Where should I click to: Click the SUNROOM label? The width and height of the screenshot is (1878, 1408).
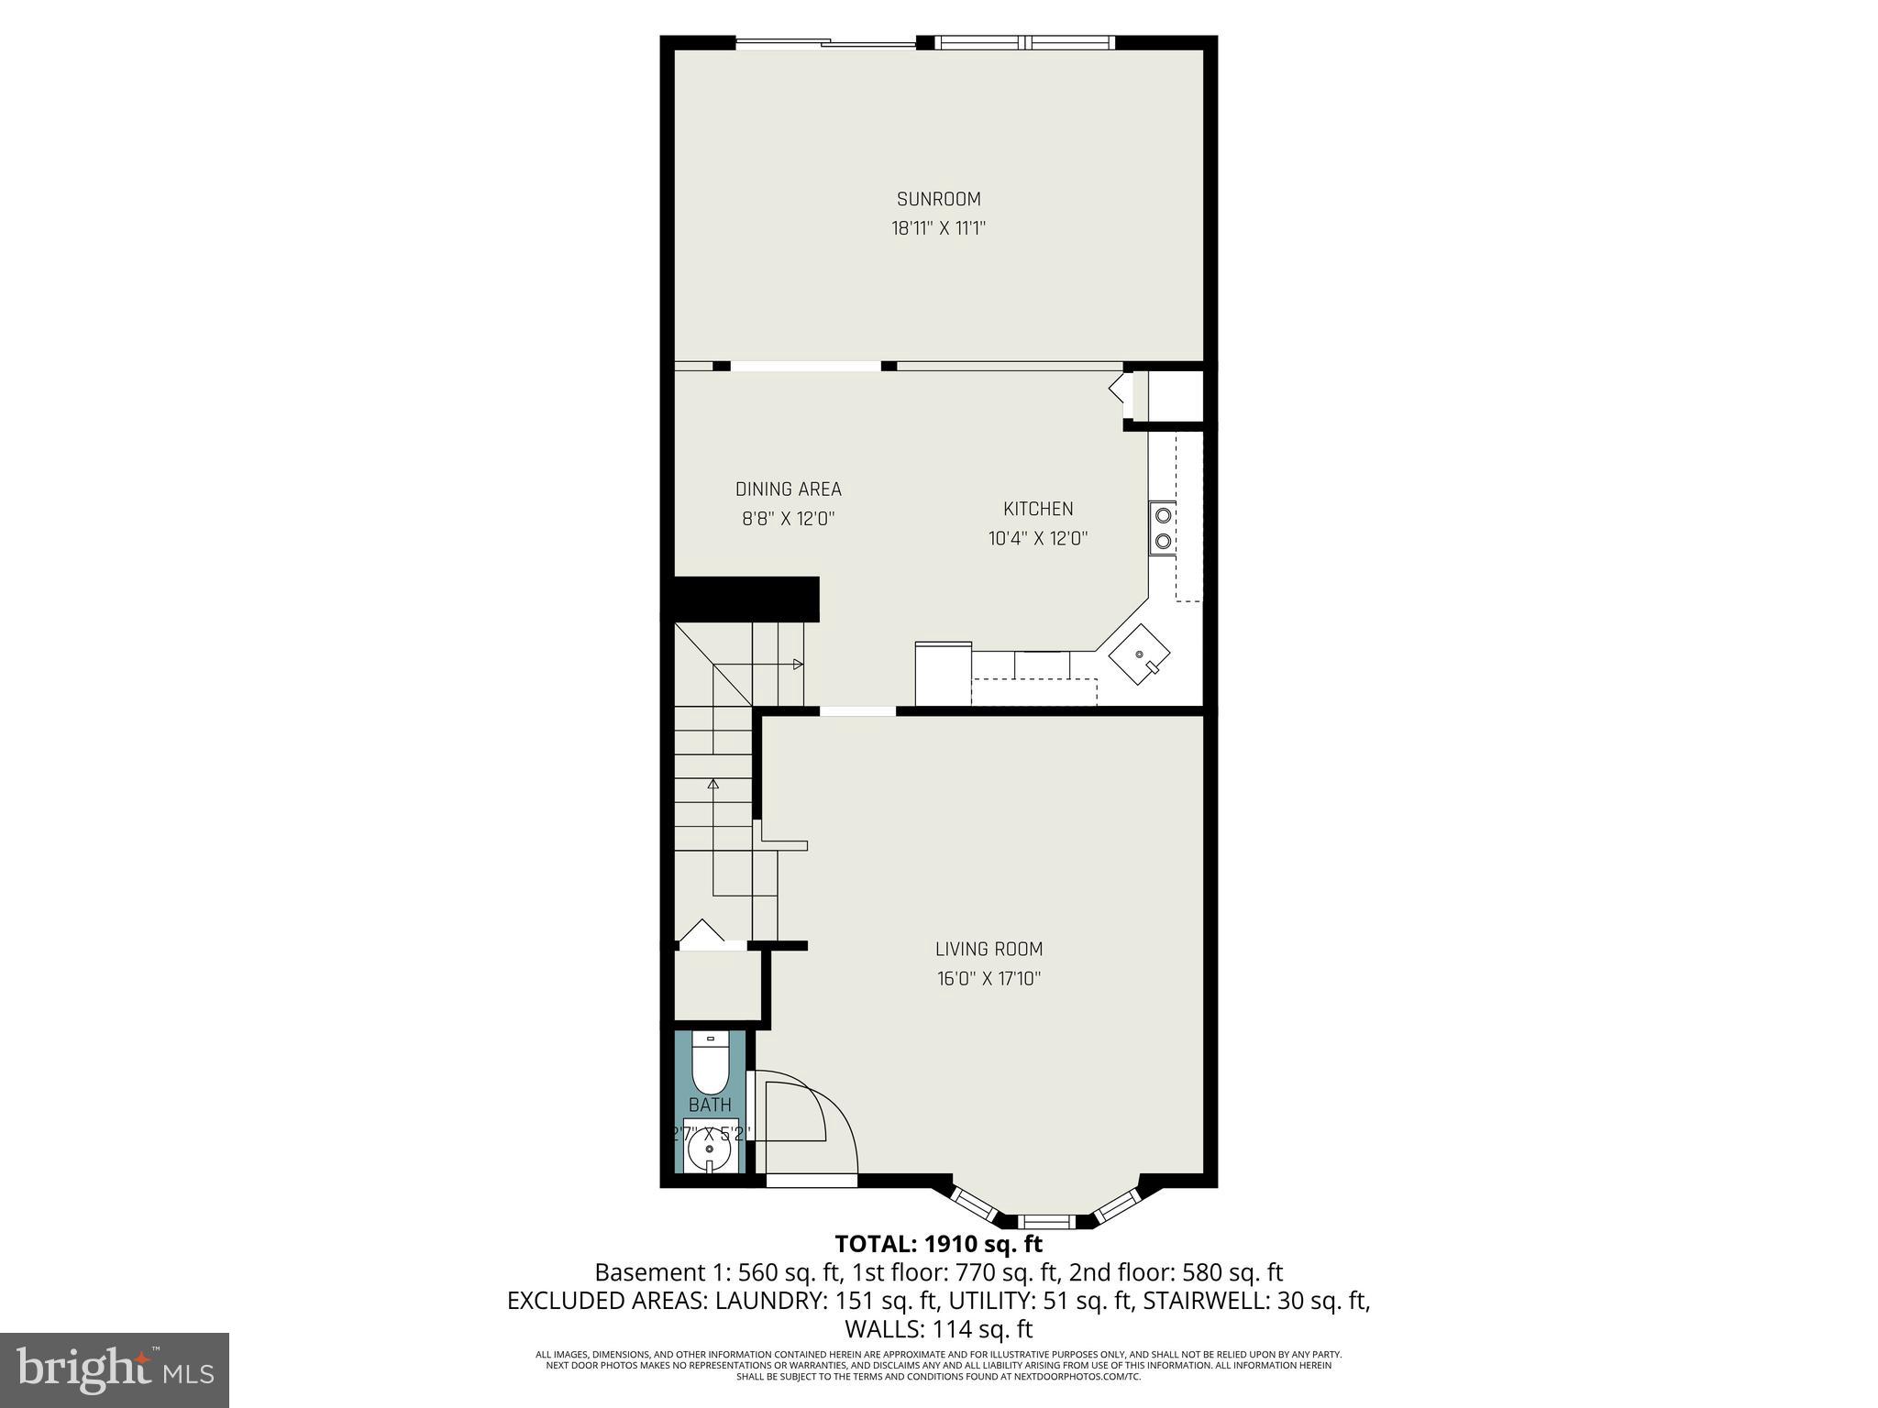tap(938, 199)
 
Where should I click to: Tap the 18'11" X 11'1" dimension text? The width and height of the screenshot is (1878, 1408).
tap(938, 228)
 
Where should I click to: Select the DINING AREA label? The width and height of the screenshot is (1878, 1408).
tap(788, 489)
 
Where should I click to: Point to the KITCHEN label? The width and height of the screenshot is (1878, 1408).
tap(1038, 509)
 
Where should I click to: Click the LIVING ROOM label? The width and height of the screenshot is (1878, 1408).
tap(989, 949)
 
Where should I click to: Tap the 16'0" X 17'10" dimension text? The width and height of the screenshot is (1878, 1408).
tap(989, 978)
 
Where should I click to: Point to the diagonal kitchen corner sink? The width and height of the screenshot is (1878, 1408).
tap(1140, 654)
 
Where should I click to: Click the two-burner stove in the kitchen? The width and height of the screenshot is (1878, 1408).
tap(1163, 528)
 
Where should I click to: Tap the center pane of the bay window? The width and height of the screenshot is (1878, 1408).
tap(1046, 1221)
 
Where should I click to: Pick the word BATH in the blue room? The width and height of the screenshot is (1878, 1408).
tap(710, 1105)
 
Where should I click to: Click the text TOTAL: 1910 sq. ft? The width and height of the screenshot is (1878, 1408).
tap(938, 1244)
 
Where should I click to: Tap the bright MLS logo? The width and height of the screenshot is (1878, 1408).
tap(114, 1369)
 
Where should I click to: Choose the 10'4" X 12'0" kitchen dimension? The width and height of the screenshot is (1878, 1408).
tap(1038, 538)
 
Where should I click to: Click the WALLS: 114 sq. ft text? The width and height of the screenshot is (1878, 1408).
tap(938, 1329)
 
